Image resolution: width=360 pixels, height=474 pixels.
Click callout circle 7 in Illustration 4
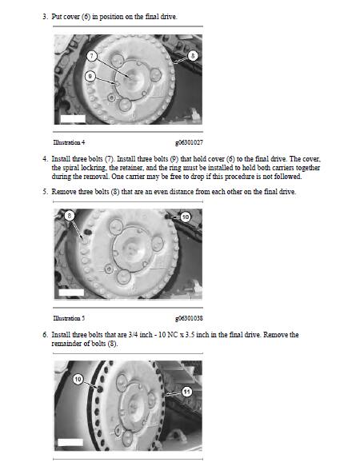(92, 56)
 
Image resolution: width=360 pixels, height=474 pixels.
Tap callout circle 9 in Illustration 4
(90, 76)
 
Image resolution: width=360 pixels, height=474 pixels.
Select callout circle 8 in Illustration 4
(193, 56)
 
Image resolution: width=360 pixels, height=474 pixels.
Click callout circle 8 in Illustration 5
(70, 216)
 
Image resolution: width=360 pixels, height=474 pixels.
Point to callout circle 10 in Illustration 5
(186, 217)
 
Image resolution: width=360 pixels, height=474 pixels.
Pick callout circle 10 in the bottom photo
(78, 379)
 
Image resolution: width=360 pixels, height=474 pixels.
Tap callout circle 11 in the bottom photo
(186, 392)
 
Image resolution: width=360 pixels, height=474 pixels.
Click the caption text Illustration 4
(67, 142)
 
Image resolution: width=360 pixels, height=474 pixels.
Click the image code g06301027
(189, 142)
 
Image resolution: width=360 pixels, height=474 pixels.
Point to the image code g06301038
(189, 318)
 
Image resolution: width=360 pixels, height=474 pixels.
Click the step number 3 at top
(45, 17)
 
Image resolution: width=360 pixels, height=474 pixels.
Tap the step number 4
(45, 159)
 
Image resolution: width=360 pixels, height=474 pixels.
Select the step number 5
(45, 192)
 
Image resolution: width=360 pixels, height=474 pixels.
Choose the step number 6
(45, 335)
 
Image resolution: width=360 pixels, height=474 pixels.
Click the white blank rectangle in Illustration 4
(73, 119)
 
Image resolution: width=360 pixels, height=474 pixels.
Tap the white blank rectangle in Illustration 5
(71, 293)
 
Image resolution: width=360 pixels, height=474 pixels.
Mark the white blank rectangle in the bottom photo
(70, 442)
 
